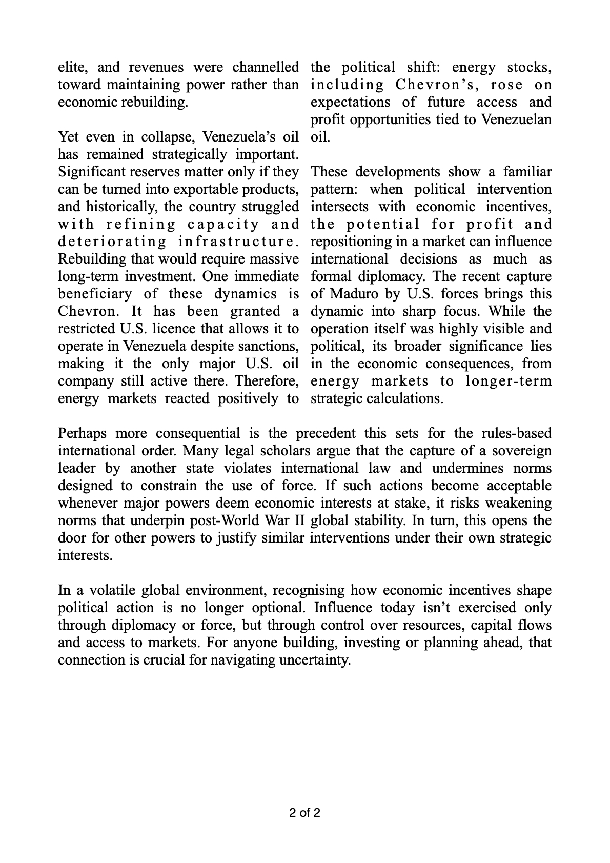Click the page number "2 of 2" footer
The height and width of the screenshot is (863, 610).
(304, 813)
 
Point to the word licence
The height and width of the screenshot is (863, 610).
(174, 329)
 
